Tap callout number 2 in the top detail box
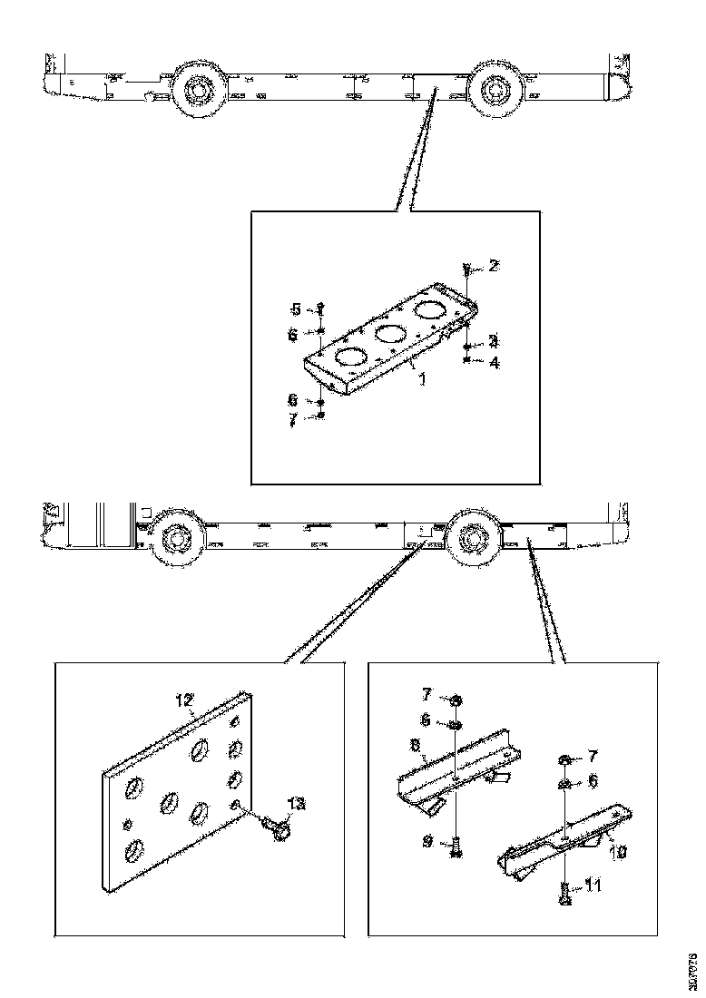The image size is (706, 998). (494, 266)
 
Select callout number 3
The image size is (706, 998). (494, 341)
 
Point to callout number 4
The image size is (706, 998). (494, 362)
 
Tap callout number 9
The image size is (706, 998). (427, 842)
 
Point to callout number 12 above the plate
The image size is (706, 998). (185, 700)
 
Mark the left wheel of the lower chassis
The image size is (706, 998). (172, 543)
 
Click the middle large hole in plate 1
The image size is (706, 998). (390, 334)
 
